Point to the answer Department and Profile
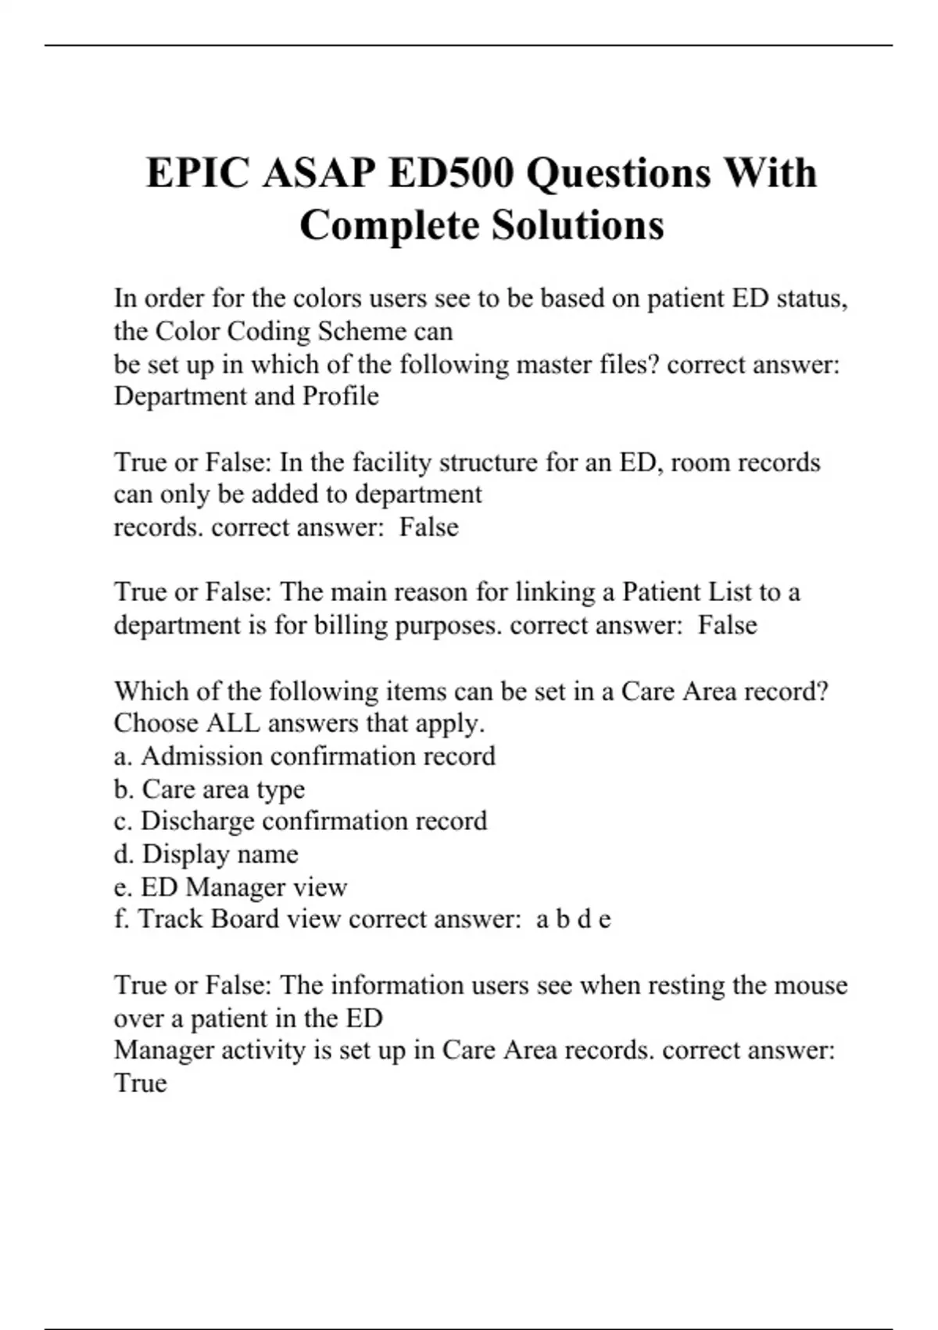coord(246,397)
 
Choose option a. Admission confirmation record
coord(305,756)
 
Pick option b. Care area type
coord(209,789)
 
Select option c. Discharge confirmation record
coord(300,821)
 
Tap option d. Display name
coord(206,854)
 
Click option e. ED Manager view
coord(231,886)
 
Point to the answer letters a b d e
coord(573,919)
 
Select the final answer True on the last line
coord(141,1083)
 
